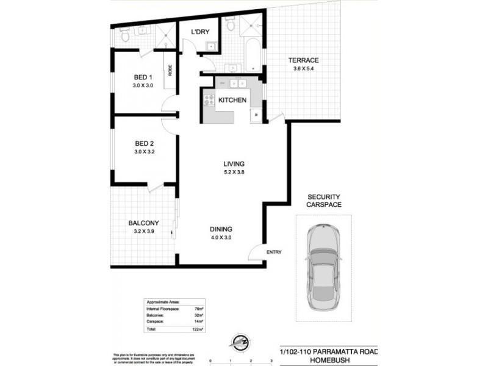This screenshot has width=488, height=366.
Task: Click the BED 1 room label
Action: point(143,77)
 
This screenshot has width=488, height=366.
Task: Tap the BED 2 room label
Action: point(143,143)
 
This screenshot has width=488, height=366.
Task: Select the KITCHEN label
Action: point(232,100)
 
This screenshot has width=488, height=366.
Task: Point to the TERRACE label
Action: point(303,60)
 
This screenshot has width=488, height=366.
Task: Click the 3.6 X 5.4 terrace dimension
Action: point(303,69)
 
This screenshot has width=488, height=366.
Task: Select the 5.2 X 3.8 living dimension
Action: point(234,173)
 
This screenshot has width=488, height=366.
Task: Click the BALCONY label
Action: point(143,223)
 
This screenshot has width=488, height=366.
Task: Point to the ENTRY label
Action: point(273,251)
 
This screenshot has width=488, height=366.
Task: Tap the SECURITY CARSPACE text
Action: point(323,201)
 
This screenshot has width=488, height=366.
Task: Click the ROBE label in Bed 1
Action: point(170,71)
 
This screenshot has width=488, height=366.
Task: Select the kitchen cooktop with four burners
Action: point(209,101)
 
